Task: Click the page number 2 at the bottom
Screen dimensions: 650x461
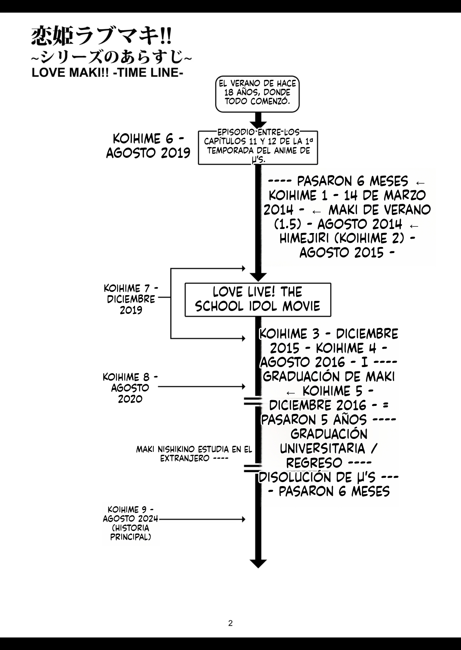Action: [x=230, y=623]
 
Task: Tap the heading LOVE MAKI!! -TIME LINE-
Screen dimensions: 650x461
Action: [x=107, y=73]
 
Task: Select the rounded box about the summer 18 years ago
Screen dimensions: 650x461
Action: [x=258, y=93]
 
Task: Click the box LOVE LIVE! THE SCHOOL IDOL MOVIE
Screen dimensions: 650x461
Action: [x=258, y=299]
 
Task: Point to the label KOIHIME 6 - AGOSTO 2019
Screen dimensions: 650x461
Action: [x=148, y=146]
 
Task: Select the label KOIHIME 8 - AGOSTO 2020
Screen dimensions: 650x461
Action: [x=130, y=388]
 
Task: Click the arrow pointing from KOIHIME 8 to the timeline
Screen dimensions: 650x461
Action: [x=202, y=387]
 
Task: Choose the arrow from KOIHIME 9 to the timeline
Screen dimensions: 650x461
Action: [x=202, y=519]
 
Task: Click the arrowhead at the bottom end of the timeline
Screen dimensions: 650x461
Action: [x=258, y=563]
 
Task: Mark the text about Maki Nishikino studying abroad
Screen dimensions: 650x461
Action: [x=194, y=454]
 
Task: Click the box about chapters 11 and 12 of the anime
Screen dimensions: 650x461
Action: [x=258, y=147]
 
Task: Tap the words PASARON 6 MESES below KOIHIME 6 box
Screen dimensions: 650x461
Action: [x=352, y=181]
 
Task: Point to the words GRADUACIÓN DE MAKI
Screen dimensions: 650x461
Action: [x=329, y=376]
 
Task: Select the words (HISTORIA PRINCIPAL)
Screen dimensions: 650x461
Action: [x=130, y=532]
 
